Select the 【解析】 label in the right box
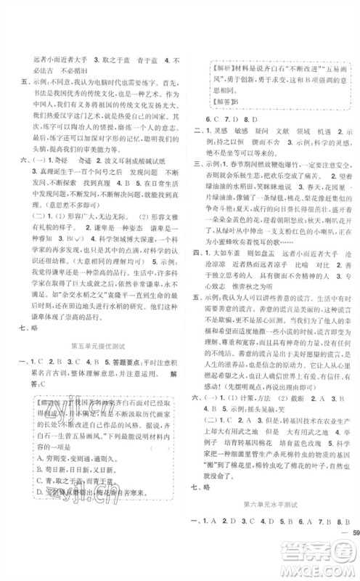click(x=226, y=64)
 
